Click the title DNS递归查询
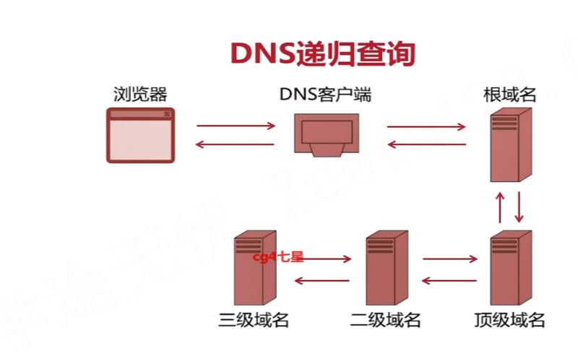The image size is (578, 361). pyautogui.click(x=323, y=53)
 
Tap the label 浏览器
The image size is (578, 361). pyautogui.click(x=140, y=94)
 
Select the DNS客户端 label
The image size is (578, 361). pyautogui.click(x=325, y=94)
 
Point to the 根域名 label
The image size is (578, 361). pyautogui.click(x=510, y=94)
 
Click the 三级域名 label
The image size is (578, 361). pyautogui.click(x=254, y=320)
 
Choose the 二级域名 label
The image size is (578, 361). pyautogui.click(x=385, y=320)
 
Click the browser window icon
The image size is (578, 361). pyautogui.click(x=140, y=135)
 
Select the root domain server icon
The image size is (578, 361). pyautogui.click(x=510, y=144)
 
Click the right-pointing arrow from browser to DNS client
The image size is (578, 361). pyautogui.click(x=236, y=126)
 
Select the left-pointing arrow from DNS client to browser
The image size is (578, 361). pyautogui.click(x=236, y=145)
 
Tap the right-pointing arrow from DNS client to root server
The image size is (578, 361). pyautogui.click(x=427, y=126)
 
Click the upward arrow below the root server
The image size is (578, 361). pyautogui.click(x=499, y=206)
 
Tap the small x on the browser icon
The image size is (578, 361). pyautogui.click(x=167, y=114)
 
